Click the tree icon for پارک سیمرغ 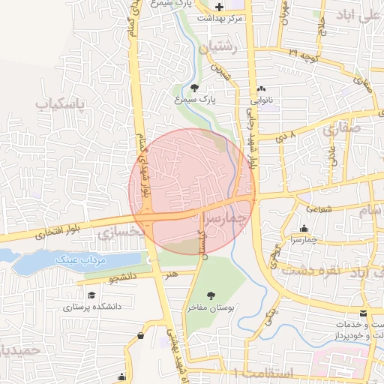[185, 88]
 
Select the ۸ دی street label [288, 137]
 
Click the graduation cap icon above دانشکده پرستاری [91, 295]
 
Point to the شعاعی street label [319, 211]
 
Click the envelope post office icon [364, 313]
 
